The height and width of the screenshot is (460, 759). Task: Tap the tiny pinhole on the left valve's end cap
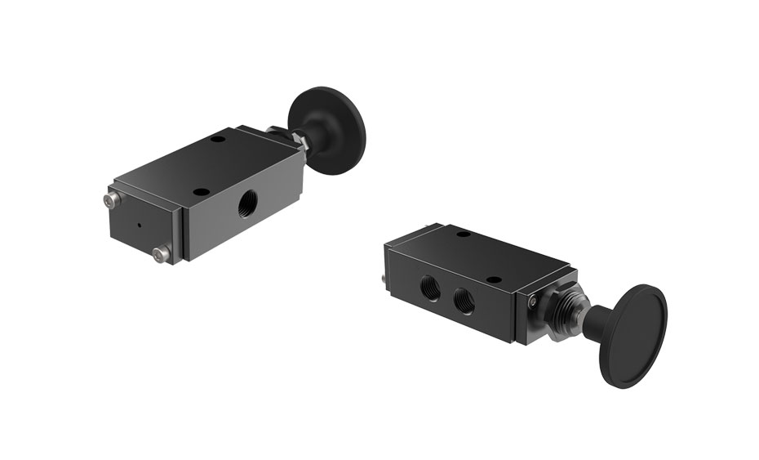point(139,226)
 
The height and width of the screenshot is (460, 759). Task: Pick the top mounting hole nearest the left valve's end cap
point(198,193)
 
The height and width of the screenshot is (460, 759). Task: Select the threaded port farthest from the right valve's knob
point(428,285)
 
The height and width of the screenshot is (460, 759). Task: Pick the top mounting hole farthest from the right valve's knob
point(463,235)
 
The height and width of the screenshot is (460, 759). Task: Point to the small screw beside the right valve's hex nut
point(533,303)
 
